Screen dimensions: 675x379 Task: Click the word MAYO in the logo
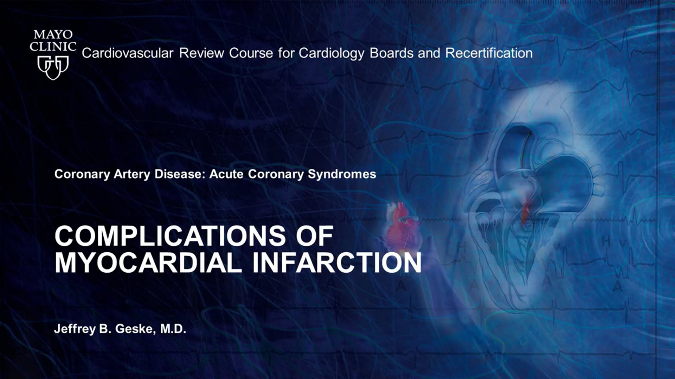[53, 35]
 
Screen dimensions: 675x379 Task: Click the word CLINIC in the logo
[53, 47]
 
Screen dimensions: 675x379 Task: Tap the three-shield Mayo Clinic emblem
[53, 67]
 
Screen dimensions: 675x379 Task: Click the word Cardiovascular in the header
[128, 53]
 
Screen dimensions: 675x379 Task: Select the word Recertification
[489, 53]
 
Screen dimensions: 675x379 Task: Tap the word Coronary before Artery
[82, 174]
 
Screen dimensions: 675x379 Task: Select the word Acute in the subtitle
[226, 174]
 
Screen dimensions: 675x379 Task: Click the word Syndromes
[342, 174]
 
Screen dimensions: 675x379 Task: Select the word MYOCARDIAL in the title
[148, 262]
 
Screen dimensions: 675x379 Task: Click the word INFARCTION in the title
[337, 262]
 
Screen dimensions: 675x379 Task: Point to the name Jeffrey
[75, 330]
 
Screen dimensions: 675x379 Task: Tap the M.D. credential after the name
[173, 329]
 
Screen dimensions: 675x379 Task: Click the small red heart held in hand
[403, 226]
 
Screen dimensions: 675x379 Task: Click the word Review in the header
[201, 53]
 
